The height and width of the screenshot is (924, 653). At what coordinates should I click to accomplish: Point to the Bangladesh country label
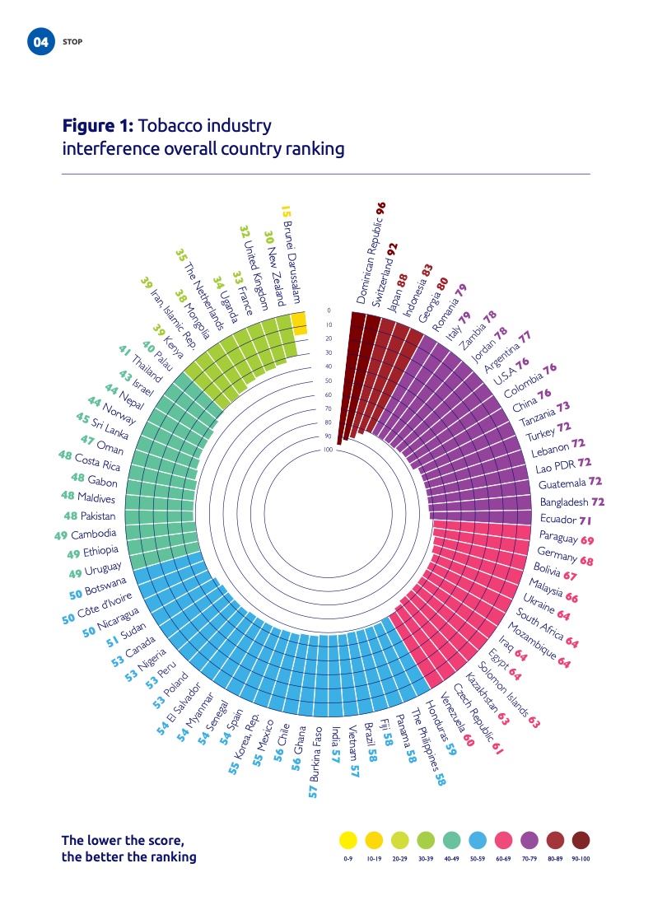564,502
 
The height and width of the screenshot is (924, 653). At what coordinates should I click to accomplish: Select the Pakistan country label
99,516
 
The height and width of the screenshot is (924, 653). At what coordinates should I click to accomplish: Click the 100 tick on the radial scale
328,450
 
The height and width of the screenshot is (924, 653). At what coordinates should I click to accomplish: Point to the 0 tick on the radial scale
328,310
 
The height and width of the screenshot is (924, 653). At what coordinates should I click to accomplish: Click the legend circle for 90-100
581,840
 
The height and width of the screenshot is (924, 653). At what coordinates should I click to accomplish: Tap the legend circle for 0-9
348,840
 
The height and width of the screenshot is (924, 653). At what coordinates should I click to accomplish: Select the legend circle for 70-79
530,840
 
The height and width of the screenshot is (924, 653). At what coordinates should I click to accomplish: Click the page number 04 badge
40,42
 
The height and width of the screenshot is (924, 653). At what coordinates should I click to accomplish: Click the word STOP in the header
72,42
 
